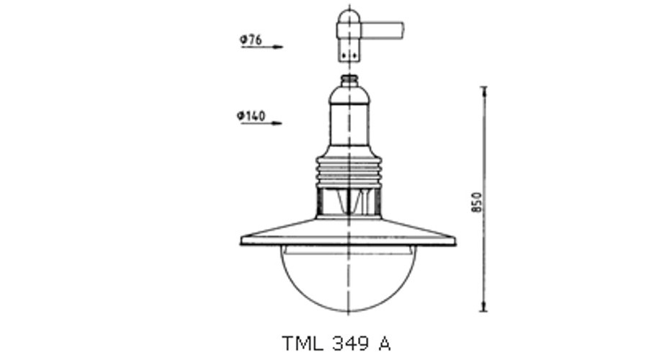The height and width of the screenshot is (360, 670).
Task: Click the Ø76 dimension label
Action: [x=251, y=40]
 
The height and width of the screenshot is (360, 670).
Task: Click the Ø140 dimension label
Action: [x=251, y=116]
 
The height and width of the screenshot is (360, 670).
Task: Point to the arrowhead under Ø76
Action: [x=278, y=47]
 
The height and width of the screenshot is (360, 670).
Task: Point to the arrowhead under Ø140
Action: [x=277, y=123]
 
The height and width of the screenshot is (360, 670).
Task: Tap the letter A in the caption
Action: [x=384, y=343]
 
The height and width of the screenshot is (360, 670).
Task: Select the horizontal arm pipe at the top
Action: [x=383, y=30]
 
